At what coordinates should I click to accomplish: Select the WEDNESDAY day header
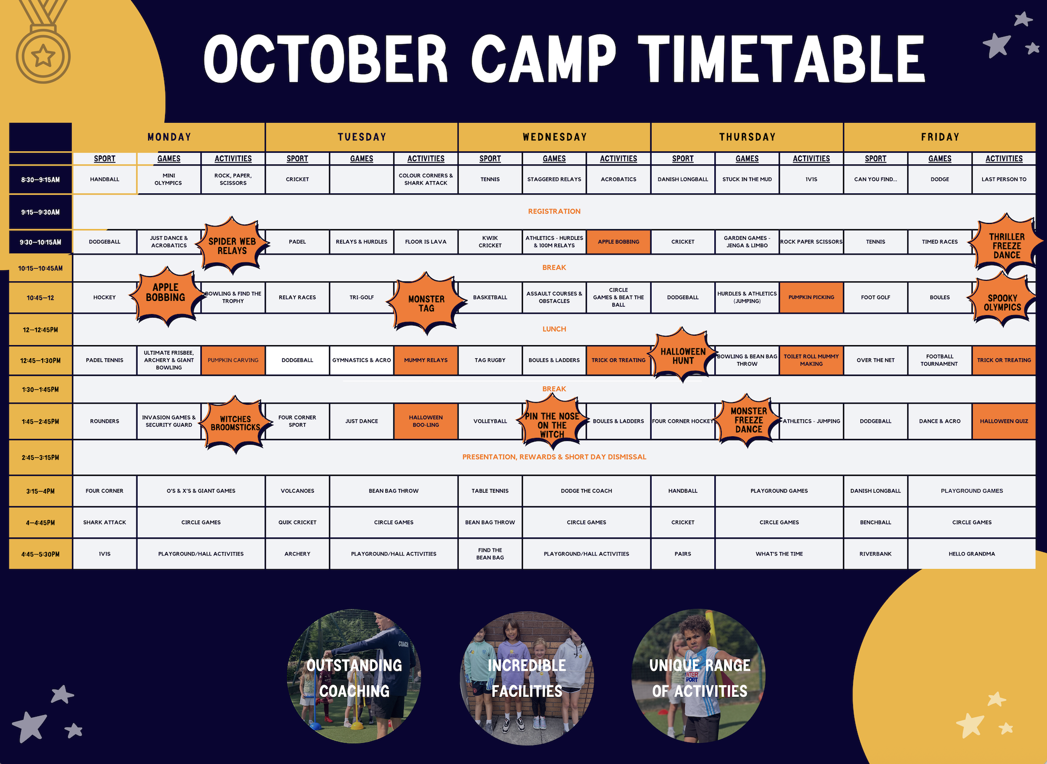555,137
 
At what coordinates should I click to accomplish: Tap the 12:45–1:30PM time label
41,361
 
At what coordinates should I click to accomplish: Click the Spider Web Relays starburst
232,246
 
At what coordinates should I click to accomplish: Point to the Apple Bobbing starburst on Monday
166,293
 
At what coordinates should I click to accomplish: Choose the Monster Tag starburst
426,303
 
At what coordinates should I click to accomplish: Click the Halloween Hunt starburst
683,356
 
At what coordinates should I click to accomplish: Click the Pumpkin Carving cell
233,360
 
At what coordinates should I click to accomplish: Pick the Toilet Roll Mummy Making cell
811,360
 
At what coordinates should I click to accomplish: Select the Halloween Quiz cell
1004,422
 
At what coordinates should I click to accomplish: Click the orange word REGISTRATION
554,211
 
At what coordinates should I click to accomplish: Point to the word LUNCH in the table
554,329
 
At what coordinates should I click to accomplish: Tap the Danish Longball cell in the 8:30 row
683,180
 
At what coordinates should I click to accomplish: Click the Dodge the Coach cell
586,491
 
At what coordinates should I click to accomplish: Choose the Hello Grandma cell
972,554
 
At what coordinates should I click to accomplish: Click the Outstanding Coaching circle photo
354,677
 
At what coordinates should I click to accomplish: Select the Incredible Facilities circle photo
527,678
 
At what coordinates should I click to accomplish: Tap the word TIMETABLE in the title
781,59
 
